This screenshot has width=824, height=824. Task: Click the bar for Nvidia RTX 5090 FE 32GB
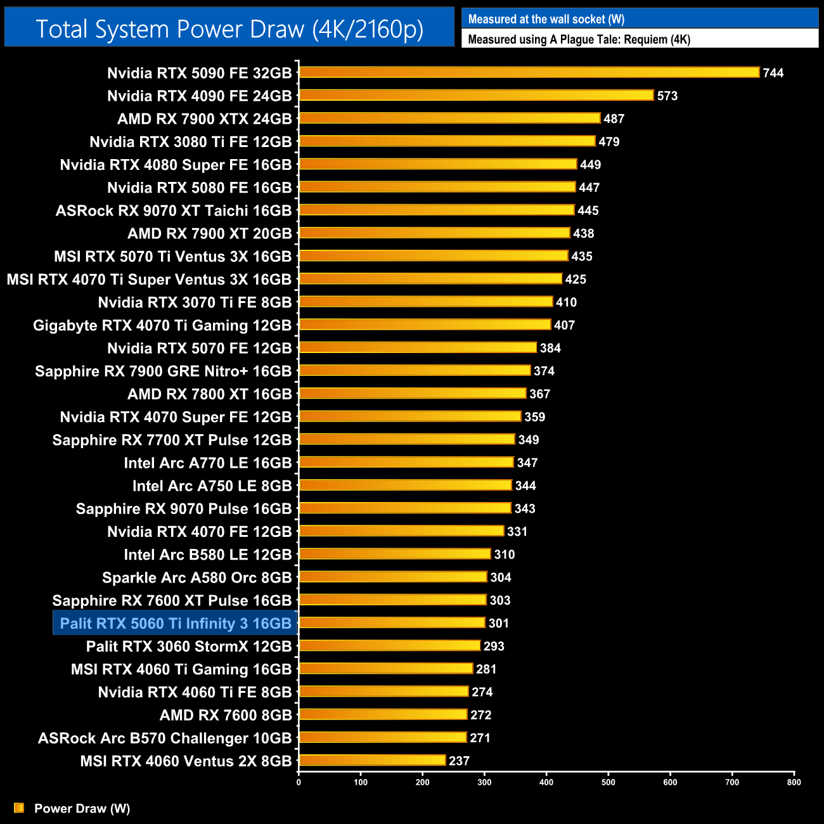pos(529,72)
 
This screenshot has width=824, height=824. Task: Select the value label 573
pos(667,96)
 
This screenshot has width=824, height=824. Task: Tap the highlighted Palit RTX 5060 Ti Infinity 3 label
pos(175,624)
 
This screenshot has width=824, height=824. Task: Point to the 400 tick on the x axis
pos(546,782)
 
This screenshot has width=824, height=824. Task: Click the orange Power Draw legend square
pos(19,808)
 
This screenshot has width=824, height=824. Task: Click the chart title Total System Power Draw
pos(229,29)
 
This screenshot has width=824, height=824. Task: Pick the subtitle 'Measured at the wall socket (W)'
pos(546,19)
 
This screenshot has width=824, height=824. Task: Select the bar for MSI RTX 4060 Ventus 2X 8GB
pos(373,761)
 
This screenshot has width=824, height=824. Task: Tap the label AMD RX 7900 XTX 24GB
pos(204,119)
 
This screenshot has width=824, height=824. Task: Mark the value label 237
pos(460,761)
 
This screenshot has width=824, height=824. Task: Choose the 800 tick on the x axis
pos(794,782)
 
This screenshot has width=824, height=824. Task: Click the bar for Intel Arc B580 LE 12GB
pos(395,554)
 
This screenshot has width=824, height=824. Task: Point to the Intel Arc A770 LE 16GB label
pos(207,463)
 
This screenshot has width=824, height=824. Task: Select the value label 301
pos(499,624)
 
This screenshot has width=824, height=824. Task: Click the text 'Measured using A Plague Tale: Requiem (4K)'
pos(579,39)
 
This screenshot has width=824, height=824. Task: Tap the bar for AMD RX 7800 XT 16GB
pos(413,394)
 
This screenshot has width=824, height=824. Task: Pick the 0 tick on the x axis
pos(299,782)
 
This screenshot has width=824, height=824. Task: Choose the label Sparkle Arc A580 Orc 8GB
pos(196,578)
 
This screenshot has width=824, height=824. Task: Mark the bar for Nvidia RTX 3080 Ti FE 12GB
pos(447,141)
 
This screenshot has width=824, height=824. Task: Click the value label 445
pos(588,210)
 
